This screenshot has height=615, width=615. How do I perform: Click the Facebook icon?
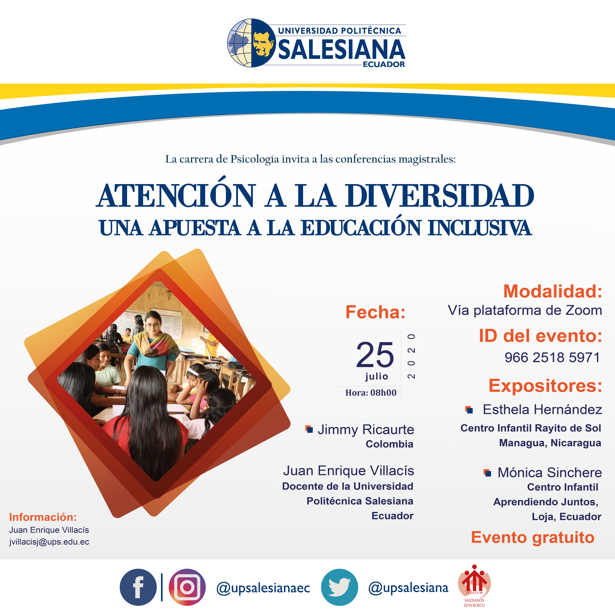point(138,587)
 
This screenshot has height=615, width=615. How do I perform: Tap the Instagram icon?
point(187,587)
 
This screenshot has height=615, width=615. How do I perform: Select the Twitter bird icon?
point(339,587)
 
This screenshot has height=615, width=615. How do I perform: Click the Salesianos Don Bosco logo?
point(474,586)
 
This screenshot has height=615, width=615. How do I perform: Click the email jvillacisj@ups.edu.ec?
point(49,542)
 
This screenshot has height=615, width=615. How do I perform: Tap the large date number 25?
point(375,355)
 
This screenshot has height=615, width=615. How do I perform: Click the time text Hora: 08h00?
point(371,393)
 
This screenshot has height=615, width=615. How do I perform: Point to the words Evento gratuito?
point(533,537)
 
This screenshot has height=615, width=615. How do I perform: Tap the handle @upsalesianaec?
point(263,588)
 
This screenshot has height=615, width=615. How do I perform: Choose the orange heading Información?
point(43,517)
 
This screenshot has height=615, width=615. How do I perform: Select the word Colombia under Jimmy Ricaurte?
point(389,444)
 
